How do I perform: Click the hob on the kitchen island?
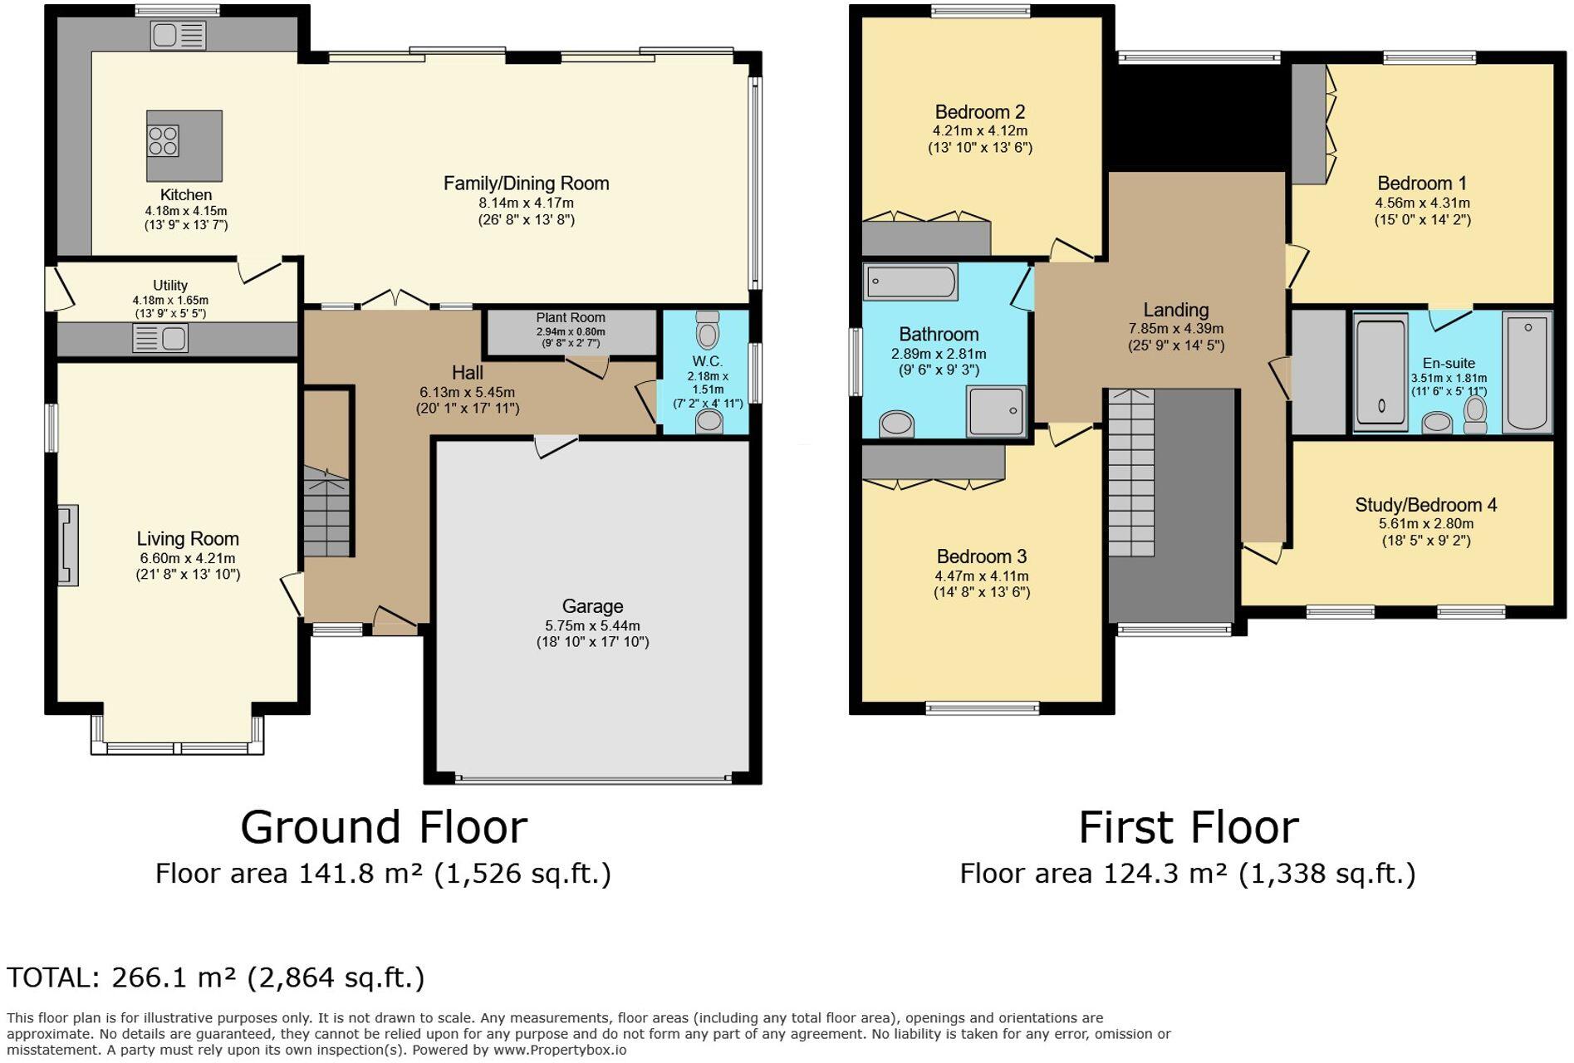click(163, 141)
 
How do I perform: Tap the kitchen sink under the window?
click(178, 35)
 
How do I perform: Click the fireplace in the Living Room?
click(68, 546)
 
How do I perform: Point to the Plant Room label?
click(570, 317)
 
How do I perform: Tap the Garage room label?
click(592, 606)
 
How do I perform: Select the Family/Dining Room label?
click(526, 184)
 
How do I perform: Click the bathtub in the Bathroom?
click(910, 282)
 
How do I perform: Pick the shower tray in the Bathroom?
click(995, 410)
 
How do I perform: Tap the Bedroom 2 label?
click(979, 112)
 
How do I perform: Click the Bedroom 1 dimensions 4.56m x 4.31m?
click(1422, 203)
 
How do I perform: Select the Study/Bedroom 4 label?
click(1425, 505)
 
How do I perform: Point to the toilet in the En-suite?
click(1475, 414)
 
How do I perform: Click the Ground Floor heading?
click(384, 827)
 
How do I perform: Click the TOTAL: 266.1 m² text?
click(215, 977)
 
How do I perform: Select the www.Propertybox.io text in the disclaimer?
click(560, 1050)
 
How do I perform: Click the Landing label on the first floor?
click(1175, 310)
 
